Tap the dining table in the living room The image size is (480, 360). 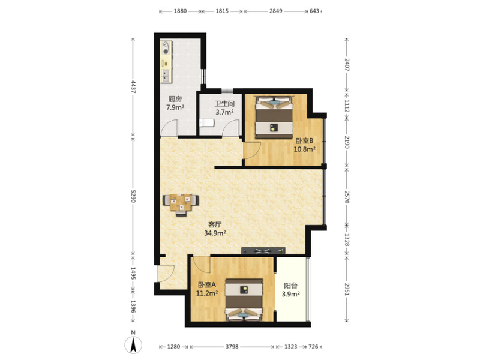click(181, 204)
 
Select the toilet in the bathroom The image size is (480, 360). click(207, 123)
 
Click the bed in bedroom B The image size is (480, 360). click(274, 117)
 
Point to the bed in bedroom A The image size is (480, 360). click(244, 299)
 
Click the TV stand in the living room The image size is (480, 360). click(263, 251)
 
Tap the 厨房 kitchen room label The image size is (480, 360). click(175, 99)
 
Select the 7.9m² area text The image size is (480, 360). click(175, 107)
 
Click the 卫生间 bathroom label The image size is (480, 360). click(224, 104)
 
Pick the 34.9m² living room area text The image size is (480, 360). click(215, 233)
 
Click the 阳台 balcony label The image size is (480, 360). click(290, 286)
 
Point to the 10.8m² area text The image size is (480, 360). click(305, 149)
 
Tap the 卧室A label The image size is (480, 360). click(207, 284)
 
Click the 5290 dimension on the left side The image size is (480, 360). click(133, 196)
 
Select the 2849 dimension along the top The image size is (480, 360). click(276, 11)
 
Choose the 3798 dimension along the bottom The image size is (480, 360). click(232, 347)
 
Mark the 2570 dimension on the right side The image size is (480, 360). click(347, 197)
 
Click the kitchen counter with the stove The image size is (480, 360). click(166, 61)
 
